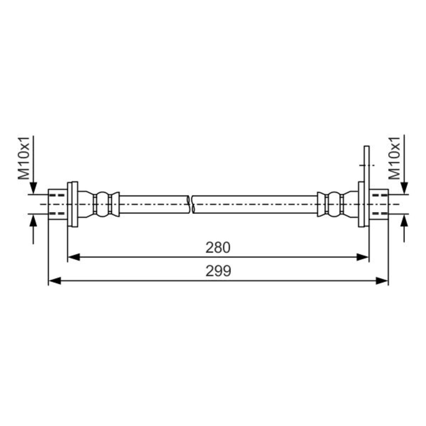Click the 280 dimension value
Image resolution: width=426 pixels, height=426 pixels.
pos(218,247)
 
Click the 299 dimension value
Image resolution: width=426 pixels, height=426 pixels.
pos(218,271)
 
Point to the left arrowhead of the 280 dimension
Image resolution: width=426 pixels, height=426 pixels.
pos(73,257)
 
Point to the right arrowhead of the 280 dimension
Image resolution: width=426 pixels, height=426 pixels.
pos(362,257)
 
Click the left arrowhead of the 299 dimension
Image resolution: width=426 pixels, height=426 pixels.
pos(55,281)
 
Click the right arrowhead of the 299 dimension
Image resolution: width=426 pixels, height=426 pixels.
pos(382,281)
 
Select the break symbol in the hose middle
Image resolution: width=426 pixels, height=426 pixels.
pos(191,204)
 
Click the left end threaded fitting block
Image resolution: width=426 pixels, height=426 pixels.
pos(58,204)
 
